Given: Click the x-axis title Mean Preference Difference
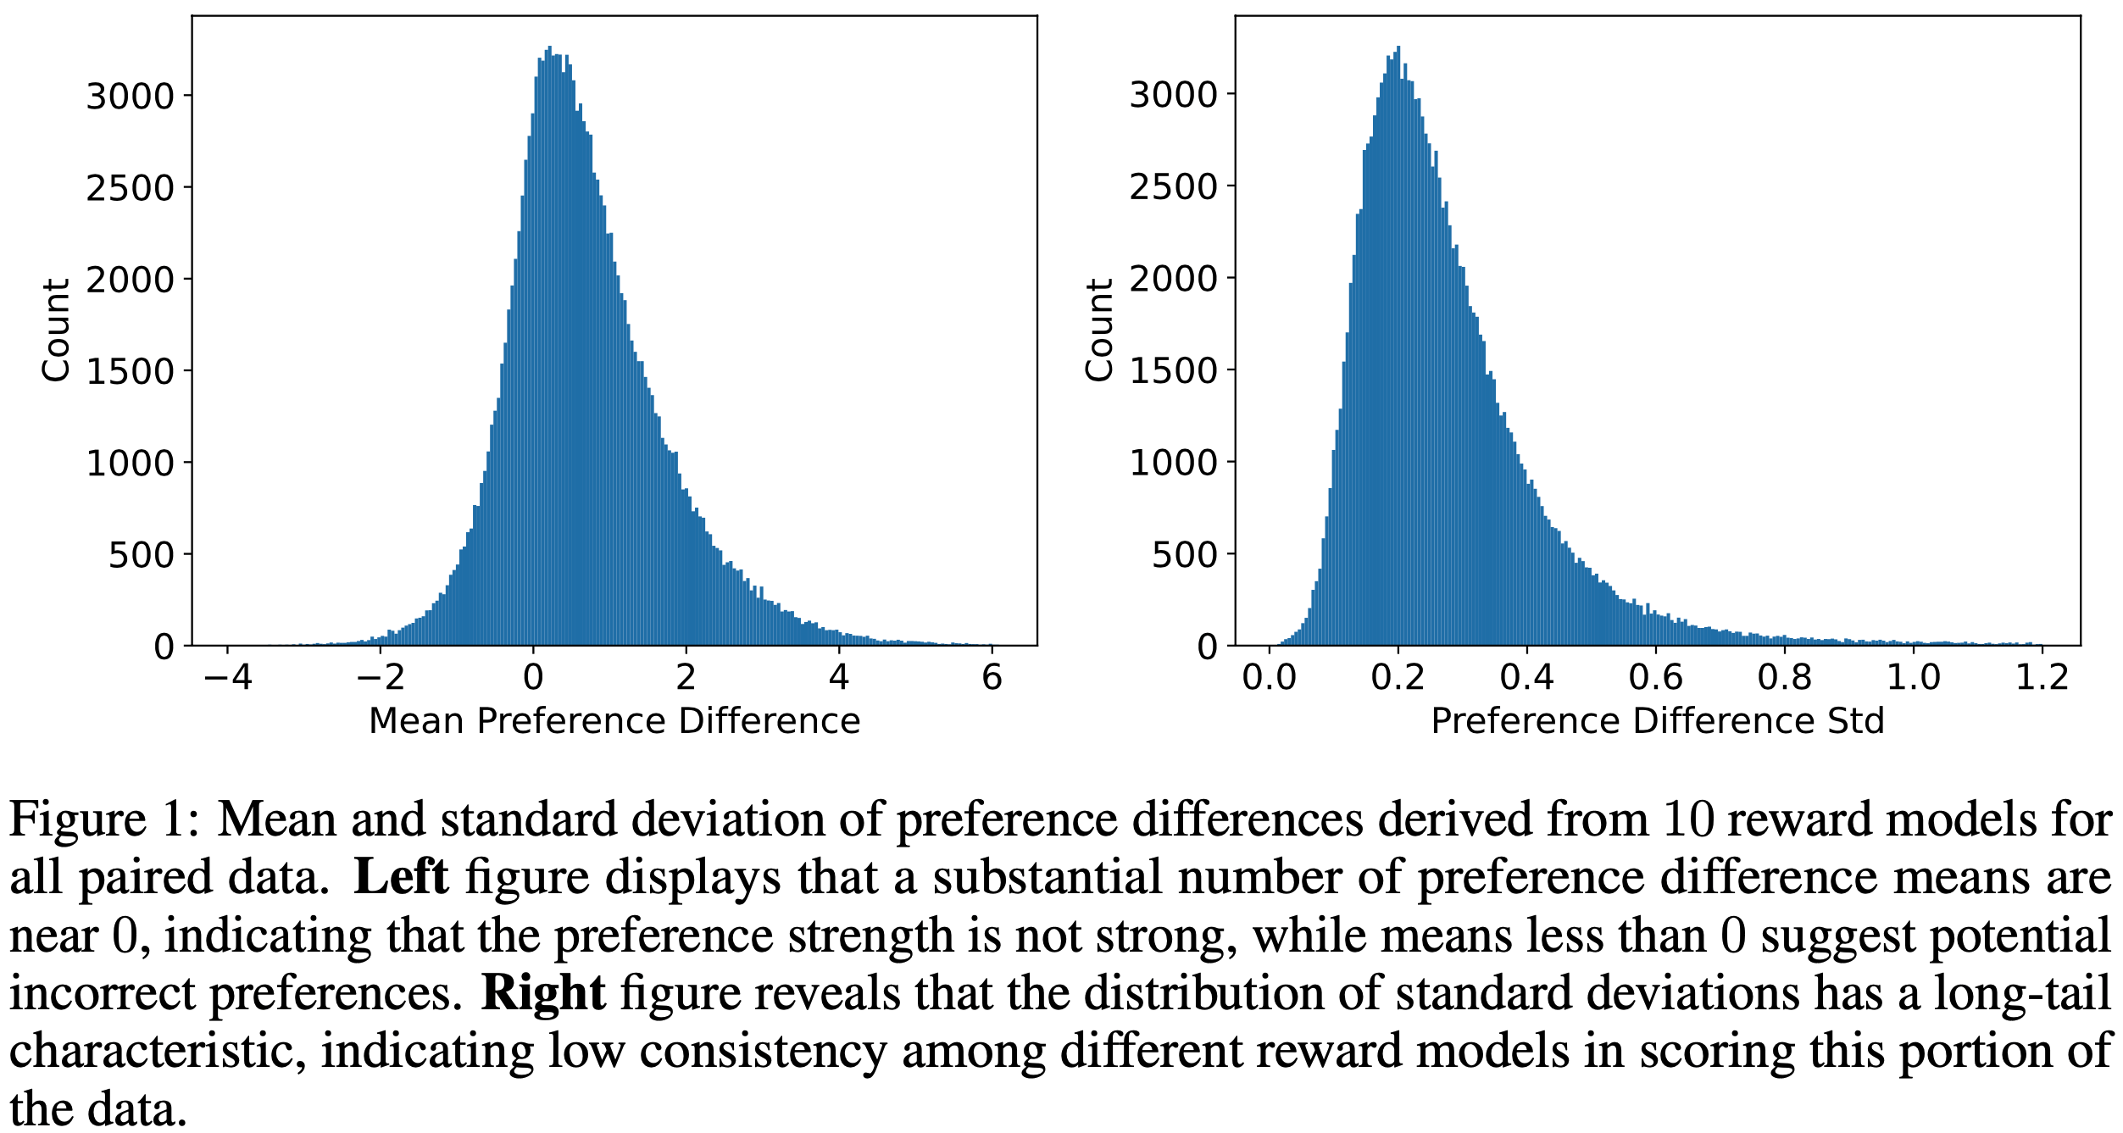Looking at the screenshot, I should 614,721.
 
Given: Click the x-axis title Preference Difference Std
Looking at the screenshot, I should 1657,721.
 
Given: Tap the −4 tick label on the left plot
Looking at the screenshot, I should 228,678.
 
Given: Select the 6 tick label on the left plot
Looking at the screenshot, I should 992,678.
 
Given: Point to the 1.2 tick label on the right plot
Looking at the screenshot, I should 2042,678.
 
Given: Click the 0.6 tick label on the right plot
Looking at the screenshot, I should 1655,678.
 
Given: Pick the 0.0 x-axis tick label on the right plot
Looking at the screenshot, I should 1269,678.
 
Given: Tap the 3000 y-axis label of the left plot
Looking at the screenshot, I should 130,97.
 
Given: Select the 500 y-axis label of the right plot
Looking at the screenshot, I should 1184,555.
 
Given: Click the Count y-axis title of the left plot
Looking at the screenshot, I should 56,330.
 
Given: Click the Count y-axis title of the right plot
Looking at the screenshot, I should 1099,330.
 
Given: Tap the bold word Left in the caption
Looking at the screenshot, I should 400,877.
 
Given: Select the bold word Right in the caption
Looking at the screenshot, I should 543,993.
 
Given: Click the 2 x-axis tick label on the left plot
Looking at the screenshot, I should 686,678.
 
